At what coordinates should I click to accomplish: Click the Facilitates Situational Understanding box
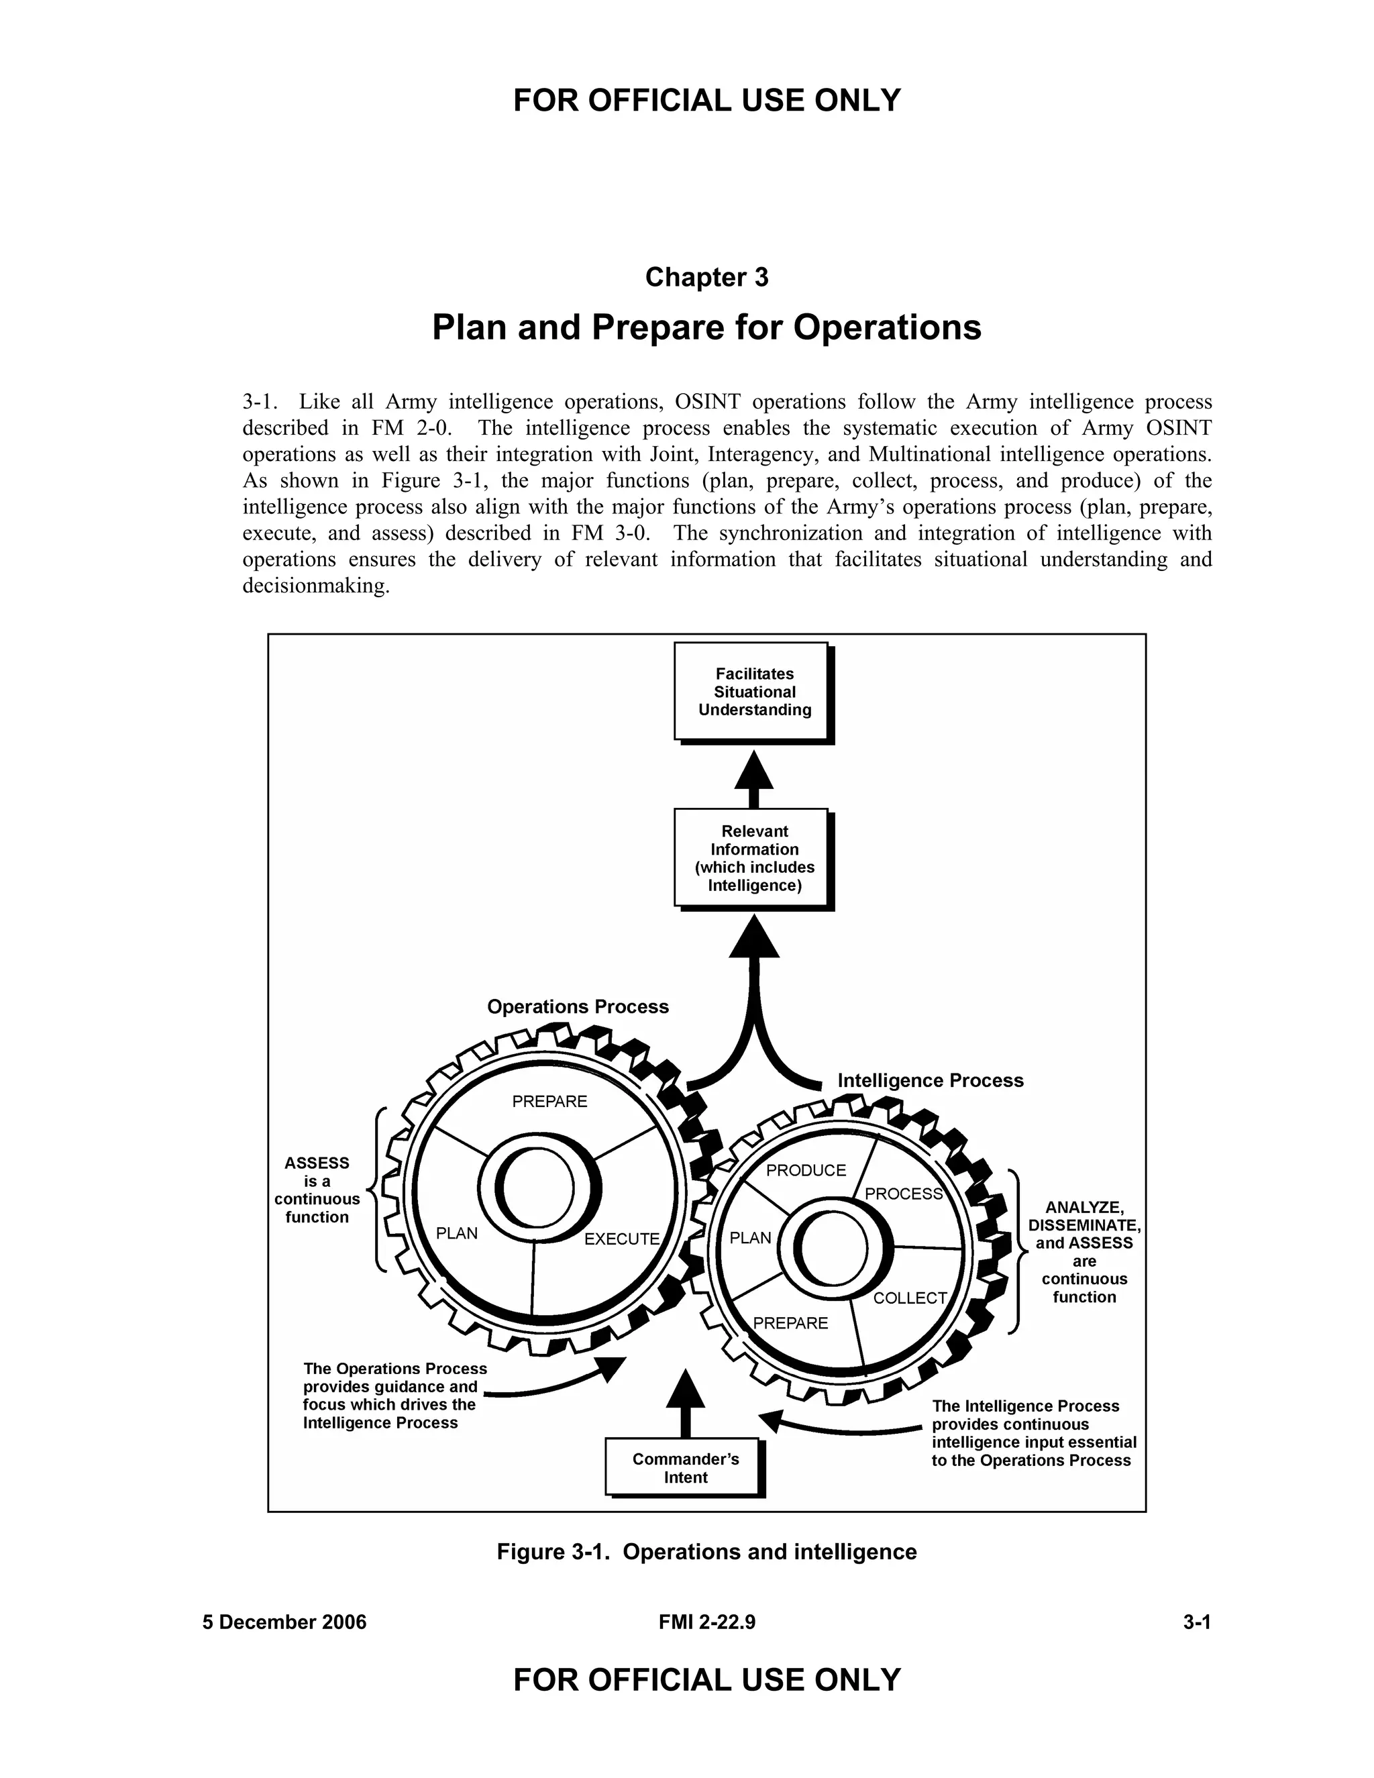(753, 692)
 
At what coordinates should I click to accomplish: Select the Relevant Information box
(753, 858)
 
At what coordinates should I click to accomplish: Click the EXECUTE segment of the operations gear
(622, 1239)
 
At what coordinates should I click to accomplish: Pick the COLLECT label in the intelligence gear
(909, 1298)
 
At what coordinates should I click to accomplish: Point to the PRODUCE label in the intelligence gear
(806, 1171)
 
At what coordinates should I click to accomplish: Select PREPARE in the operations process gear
(549, 1102)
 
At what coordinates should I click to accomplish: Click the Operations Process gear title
(577, 1007)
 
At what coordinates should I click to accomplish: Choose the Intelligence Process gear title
(930, 1080)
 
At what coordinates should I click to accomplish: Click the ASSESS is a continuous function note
(317, 1190)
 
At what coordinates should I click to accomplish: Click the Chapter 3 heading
(706, 278)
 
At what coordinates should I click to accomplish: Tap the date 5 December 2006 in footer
(284, 1622)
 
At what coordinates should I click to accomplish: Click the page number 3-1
(1197, 1622)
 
